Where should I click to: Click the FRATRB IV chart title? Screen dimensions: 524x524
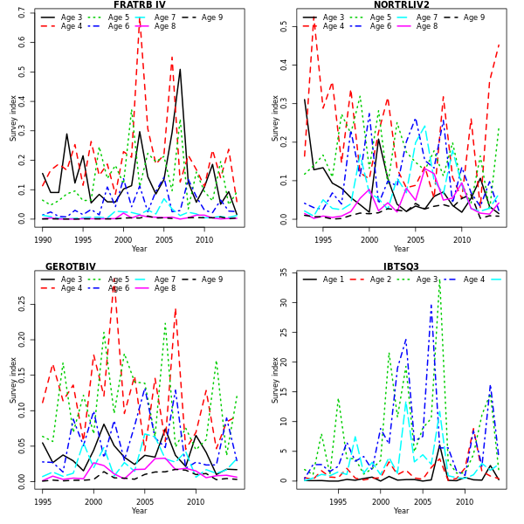click(x=139, y=5)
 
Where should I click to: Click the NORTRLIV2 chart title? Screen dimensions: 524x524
click(x=401, y=5)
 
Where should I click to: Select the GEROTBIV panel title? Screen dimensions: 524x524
click(x=71, y=267)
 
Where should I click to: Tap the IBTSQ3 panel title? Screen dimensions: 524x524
click(x=401, y=267)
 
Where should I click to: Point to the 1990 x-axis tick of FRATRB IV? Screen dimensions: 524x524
click(x=43, y=239)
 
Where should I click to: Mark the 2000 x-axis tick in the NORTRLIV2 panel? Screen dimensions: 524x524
click(x=369, y=239)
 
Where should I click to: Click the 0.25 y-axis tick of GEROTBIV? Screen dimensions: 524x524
click(x=23, y=301)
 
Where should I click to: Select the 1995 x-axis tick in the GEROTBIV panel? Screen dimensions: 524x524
click(x=43, y=501)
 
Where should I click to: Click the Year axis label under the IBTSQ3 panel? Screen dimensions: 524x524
click(x=401, y=511)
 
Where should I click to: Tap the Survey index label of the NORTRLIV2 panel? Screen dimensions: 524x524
click(x=276, y=118)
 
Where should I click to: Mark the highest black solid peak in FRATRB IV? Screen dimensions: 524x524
click(x=180, y=69)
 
